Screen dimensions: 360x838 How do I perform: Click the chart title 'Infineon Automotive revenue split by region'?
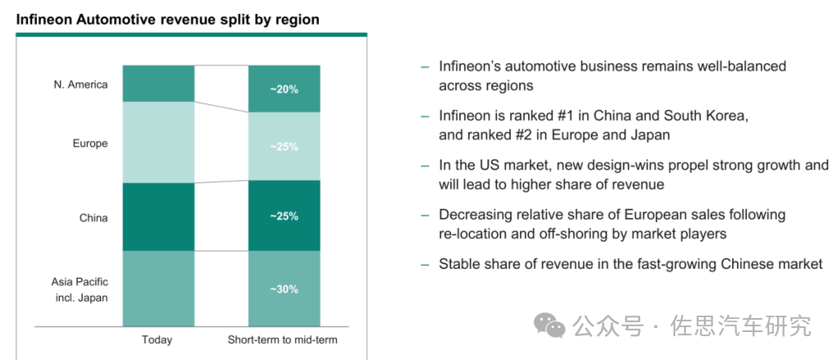coord(168,19)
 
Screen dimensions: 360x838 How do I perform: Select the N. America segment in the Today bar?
coord(158,83)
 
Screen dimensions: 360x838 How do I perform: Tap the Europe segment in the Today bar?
coord(158,141)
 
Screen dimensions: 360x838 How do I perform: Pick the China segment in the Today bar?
coord(158,216)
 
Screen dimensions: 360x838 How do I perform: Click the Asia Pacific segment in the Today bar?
coord(158,288)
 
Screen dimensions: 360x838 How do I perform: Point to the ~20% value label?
coord(283,90)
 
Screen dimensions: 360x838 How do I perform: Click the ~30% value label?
coord(283,289)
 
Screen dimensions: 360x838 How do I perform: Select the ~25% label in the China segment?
coord(283,216)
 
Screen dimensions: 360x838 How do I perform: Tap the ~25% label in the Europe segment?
coord(283,147)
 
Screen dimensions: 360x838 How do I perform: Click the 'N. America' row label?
coord(81,85)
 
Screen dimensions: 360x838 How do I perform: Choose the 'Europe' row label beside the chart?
coord(90,143)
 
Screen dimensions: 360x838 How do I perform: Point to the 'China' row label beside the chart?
coord(93,218)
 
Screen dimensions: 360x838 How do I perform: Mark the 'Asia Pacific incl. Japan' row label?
coord(80,288)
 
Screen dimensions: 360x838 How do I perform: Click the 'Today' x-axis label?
coord(157,339)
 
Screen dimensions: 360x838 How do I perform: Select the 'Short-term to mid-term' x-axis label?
coord(283,339)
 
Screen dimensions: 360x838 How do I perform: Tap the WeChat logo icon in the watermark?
coord(549,325)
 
